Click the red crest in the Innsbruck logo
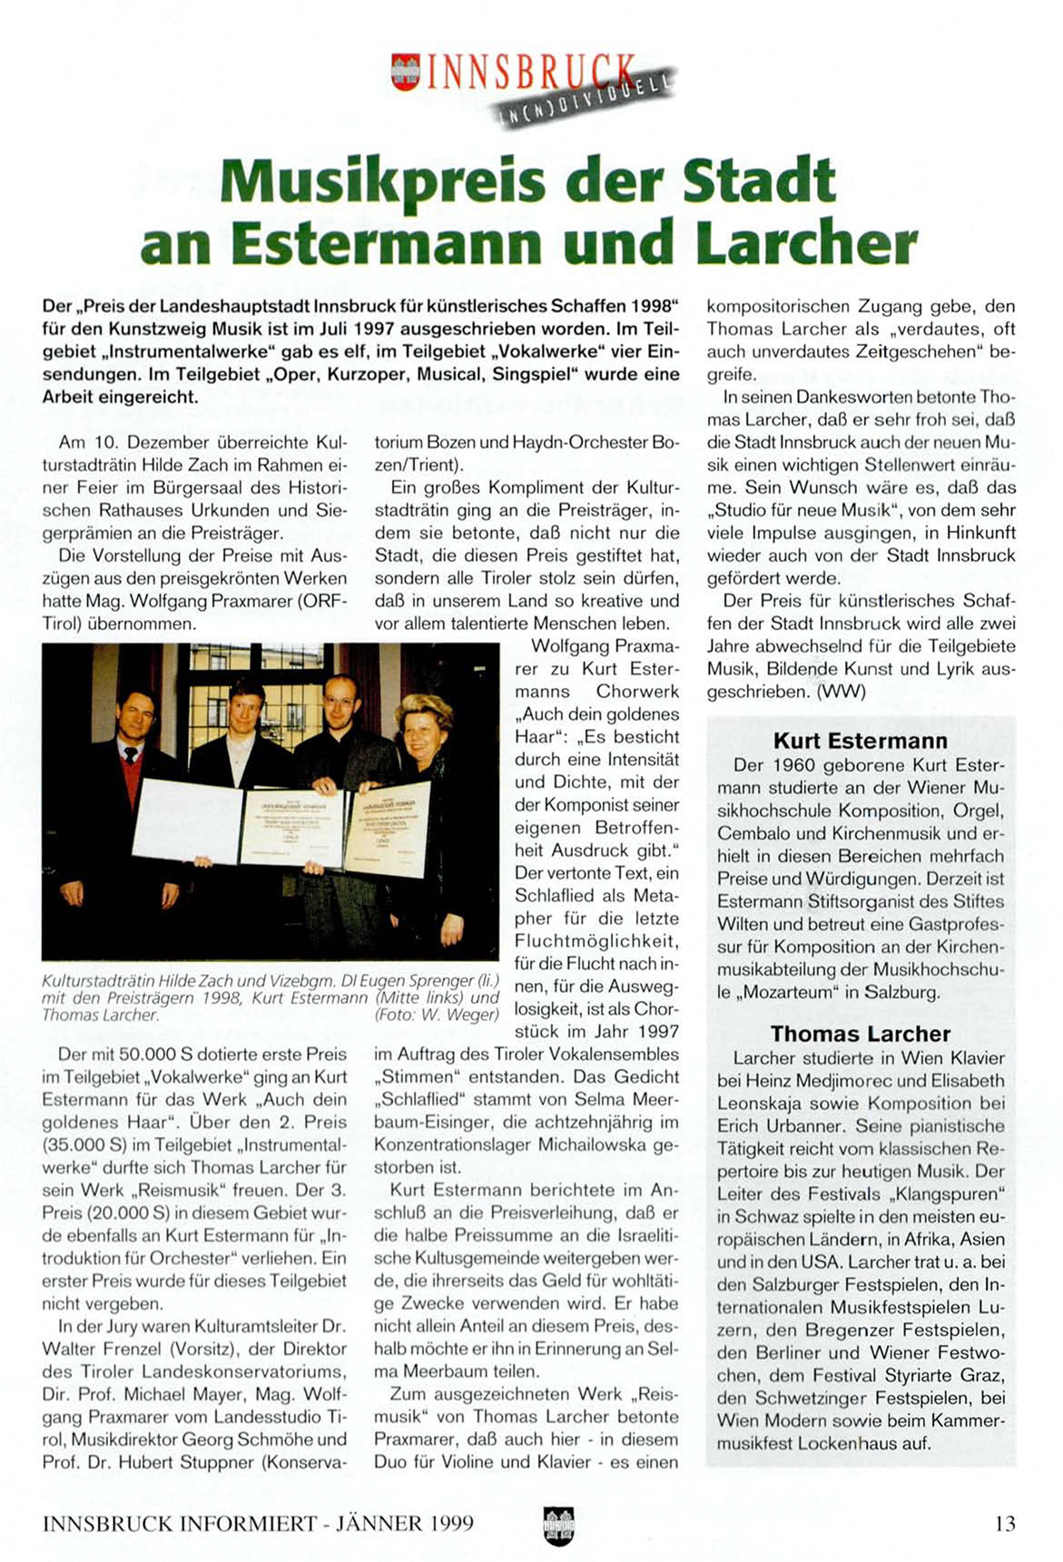point(404,71)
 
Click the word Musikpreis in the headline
point(381,181)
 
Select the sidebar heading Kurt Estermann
point(860,741)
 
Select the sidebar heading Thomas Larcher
point(860,1034)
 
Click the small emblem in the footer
point(558,1525)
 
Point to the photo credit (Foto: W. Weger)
point(437,1016)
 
